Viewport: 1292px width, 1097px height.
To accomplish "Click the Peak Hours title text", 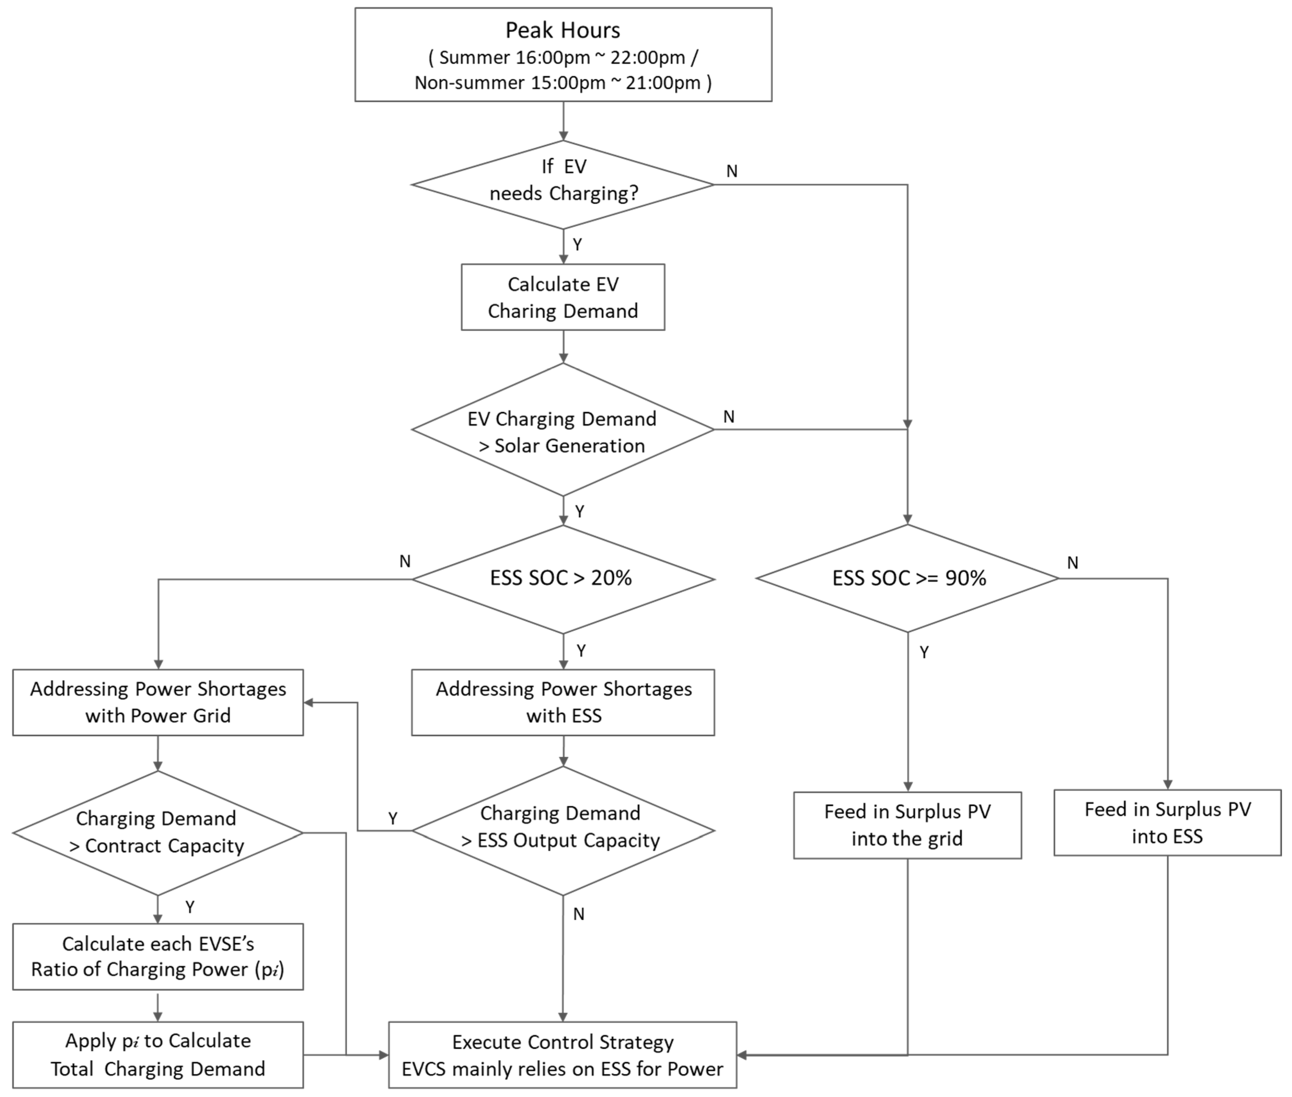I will coord(563,30).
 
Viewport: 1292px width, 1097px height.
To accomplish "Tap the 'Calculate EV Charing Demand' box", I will coord(563,297).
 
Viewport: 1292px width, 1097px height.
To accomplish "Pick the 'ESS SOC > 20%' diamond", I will coord(563,578).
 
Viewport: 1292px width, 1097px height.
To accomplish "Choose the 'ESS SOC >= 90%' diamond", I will coord(908,578).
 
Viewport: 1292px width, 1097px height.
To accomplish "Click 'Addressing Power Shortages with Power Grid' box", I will coord(158,702).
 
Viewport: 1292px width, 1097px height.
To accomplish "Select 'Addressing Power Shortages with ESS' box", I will coord(563,702).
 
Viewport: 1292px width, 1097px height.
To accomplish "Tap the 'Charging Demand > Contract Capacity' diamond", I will coord(158,832).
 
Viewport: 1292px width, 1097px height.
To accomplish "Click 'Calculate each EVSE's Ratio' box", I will coord(158,956).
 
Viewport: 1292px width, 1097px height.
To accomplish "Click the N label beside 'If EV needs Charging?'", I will coord(732,171).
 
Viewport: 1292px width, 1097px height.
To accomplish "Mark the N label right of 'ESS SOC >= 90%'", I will coord(1073,563).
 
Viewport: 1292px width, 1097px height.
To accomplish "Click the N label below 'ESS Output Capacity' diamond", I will coord(579,914).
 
